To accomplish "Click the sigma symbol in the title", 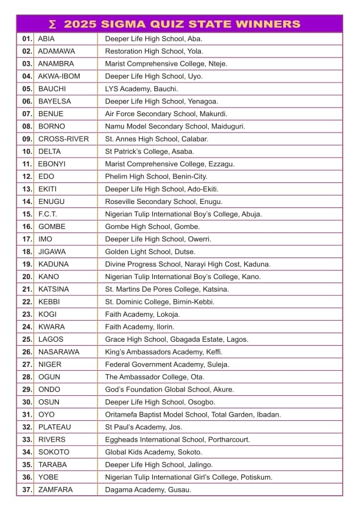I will [x=53, y=24].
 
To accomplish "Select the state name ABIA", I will [x=47, y=39].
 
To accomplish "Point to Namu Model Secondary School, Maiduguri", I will [x=174, y=126].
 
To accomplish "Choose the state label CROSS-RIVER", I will [x=63, y=139].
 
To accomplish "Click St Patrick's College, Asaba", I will [x=149, y=152].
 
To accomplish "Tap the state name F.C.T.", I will [x=48, y=214].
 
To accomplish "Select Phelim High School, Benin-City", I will [x=156, y=177].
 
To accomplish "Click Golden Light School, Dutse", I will [x=150, y=252].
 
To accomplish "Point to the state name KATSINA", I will [x=54, y=289].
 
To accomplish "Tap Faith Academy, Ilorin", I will [x=140, y=327].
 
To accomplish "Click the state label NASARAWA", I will [x=59, y=352].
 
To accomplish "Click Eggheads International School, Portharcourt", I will [x=177, y=440].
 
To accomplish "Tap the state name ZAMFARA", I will [x=56, y=490].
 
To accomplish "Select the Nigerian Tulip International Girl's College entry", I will [x=188, y=478].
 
